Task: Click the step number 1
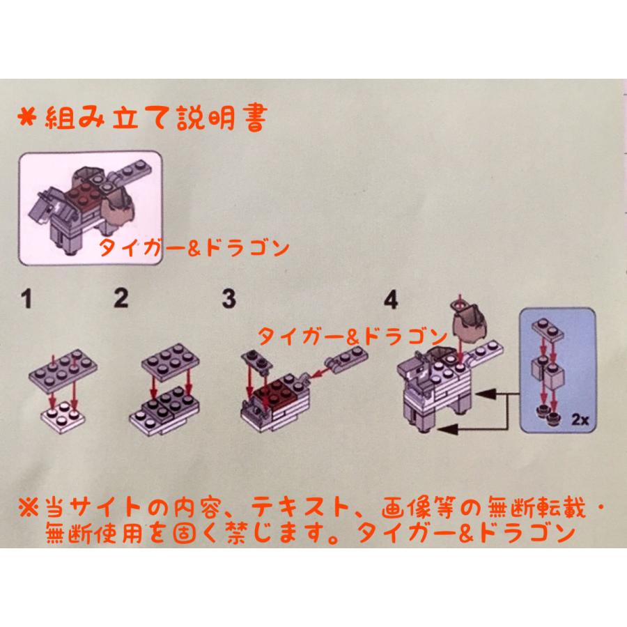(x=26, y=299)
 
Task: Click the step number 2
(x=121, y=298)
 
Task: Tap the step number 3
(x=229, y=299)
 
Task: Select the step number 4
(x=391, y=300)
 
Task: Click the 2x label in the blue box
(x=580, y=420)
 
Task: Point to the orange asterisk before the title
(x=27, y=118)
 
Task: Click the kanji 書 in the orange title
(x=255, y=118)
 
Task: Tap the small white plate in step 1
(x=63, y=417)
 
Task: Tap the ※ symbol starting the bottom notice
(x=29, y=507)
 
